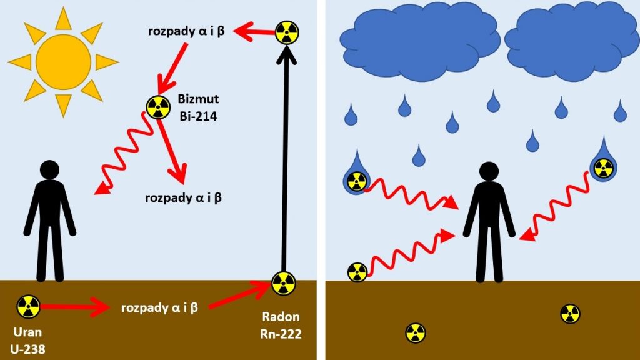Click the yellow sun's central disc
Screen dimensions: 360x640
tap(63, 61)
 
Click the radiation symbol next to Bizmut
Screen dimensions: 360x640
tap(158, 107)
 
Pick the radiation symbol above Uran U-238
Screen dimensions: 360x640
tap(29, 306)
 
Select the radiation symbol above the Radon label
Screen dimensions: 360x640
tap(283, 284)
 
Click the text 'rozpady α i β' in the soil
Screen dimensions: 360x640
tap(160, 307)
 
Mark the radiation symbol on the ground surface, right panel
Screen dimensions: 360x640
tap(357, 272)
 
